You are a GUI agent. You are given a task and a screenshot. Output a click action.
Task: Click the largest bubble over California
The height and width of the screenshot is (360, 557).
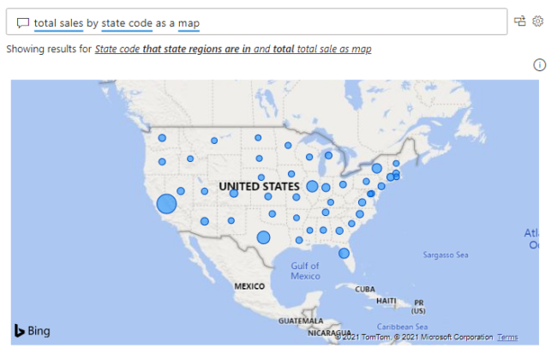166,203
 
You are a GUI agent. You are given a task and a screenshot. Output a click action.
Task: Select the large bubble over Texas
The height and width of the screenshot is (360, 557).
263,237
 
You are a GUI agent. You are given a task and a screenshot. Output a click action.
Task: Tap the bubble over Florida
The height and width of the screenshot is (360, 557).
344,253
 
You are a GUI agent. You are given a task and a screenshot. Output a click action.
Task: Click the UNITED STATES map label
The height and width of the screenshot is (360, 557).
259,186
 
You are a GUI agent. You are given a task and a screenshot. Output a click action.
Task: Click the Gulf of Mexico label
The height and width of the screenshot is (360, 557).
305,271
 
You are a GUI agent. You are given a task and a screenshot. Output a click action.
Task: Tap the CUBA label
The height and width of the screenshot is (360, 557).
366,288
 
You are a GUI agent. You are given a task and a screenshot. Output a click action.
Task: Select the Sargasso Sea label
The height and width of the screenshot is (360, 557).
446,255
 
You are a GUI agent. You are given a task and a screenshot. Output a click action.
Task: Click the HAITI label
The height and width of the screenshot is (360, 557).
386,301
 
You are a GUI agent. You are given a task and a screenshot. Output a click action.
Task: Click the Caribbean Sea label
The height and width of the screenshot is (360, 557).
403,326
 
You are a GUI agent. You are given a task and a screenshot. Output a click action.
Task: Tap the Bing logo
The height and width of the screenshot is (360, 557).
33,331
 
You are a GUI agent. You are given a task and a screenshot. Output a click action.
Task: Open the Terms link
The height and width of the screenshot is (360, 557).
507,338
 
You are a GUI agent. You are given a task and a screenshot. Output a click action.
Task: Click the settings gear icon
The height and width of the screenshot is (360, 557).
538,21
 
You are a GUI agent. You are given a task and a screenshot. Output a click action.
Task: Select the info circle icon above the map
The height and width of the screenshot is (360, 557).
540,64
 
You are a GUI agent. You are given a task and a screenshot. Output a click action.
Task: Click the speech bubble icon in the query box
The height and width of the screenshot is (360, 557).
23,22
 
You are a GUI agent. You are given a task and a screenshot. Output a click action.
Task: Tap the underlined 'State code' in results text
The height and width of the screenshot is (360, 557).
118,49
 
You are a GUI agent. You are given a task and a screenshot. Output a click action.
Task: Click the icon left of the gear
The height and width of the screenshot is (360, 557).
519,21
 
